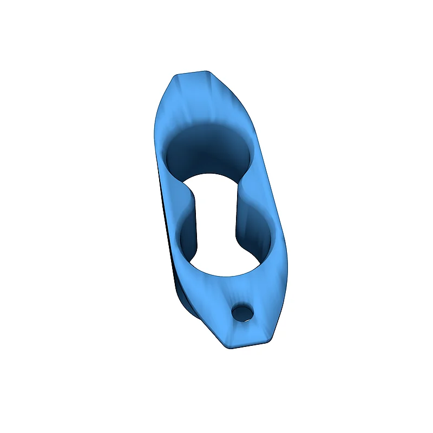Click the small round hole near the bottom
(242, 312)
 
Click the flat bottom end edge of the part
(246, 345)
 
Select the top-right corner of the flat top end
(209, 71)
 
